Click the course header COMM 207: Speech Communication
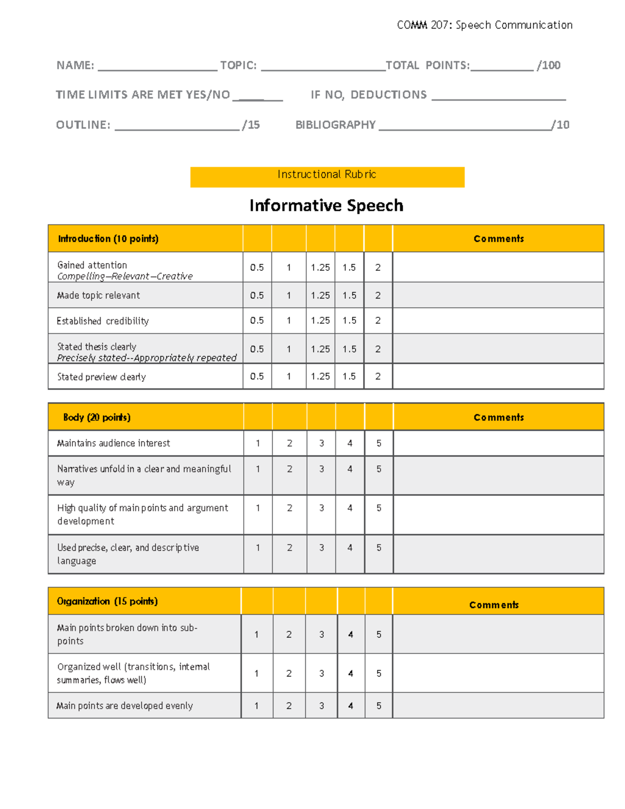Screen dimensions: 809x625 point(484,25)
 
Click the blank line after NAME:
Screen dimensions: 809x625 point(157,66)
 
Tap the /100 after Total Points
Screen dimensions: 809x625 point(549,66)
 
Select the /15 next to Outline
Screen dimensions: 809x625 point(251,125)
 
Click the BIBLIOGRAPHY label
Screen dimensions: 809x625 point(335,125)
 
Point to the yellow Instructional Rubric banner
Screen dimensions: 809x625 point(327,177)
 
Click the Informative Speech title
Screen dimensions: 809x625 point(326,205)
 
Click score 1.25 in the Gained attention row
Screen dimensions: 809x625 point(320,267)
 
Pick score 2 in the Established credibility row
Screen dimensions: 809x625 point(378,320)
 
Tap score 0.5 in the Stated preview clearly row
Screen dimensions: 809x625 point(257,376)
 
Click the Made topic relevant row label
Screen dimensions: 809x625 point(98,295)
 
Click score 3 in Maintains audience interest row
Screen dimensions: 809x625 point(321,443)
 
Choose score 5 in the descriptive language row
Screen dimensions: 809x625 point(379,547)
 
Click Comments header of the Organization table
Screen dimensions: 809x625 point(494,604)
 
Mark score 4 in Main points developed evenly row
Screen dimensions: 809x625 point(351,706)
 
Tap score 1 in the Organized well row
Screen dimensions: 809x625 point(256,674)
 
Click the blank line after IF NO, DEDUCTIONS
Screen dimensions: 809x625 point(498,95)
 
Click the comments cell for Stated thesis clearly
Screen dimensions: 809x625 point(498,349)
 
